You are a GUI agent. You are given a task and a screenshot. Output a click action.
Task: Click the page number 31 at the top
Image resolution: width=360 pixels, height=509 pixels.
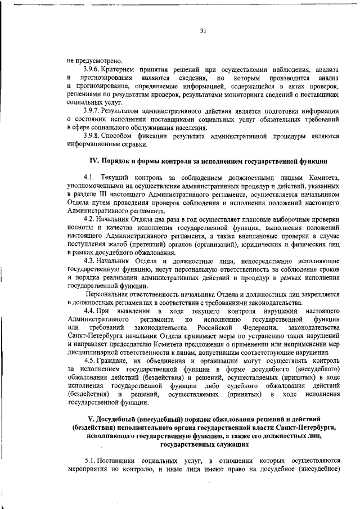pyautogui.click(x=202, y=31)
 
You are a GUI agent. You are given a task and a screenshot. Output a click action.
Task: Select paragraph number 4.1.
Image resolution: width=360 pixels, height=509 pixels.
pyautogui.click(x=89, y=177)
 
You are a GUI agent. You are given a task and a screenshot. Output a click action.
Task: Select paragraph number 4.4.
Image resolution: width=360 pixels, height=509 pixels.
pyautogui.click(x=89, y=310)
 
